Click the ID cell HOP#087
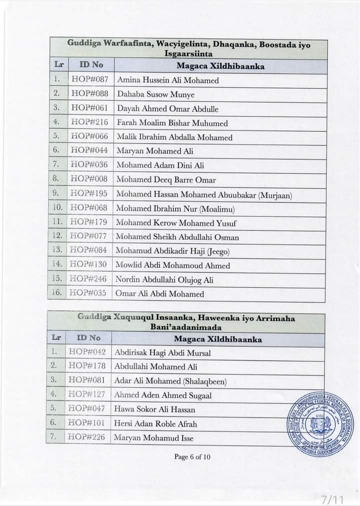click(90, 79)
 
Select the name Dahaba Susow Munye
click(155, 94)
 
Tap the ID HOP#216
click(89, 122)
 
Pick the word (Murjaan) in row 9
click(275, 195)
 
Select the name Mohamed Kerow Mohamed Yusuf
click(176, 223)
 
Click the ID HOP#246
click(88, 279)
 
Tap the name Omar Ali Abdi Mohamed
click(159, 294)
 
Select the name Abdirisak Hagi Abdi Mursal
click(162, 353)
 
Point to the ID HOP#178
click(87, 366)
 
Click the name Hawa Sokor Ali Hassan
click(154, 410)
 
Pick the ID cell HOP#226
click(86, 438)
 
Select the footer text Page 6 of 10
click(193, 456)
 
